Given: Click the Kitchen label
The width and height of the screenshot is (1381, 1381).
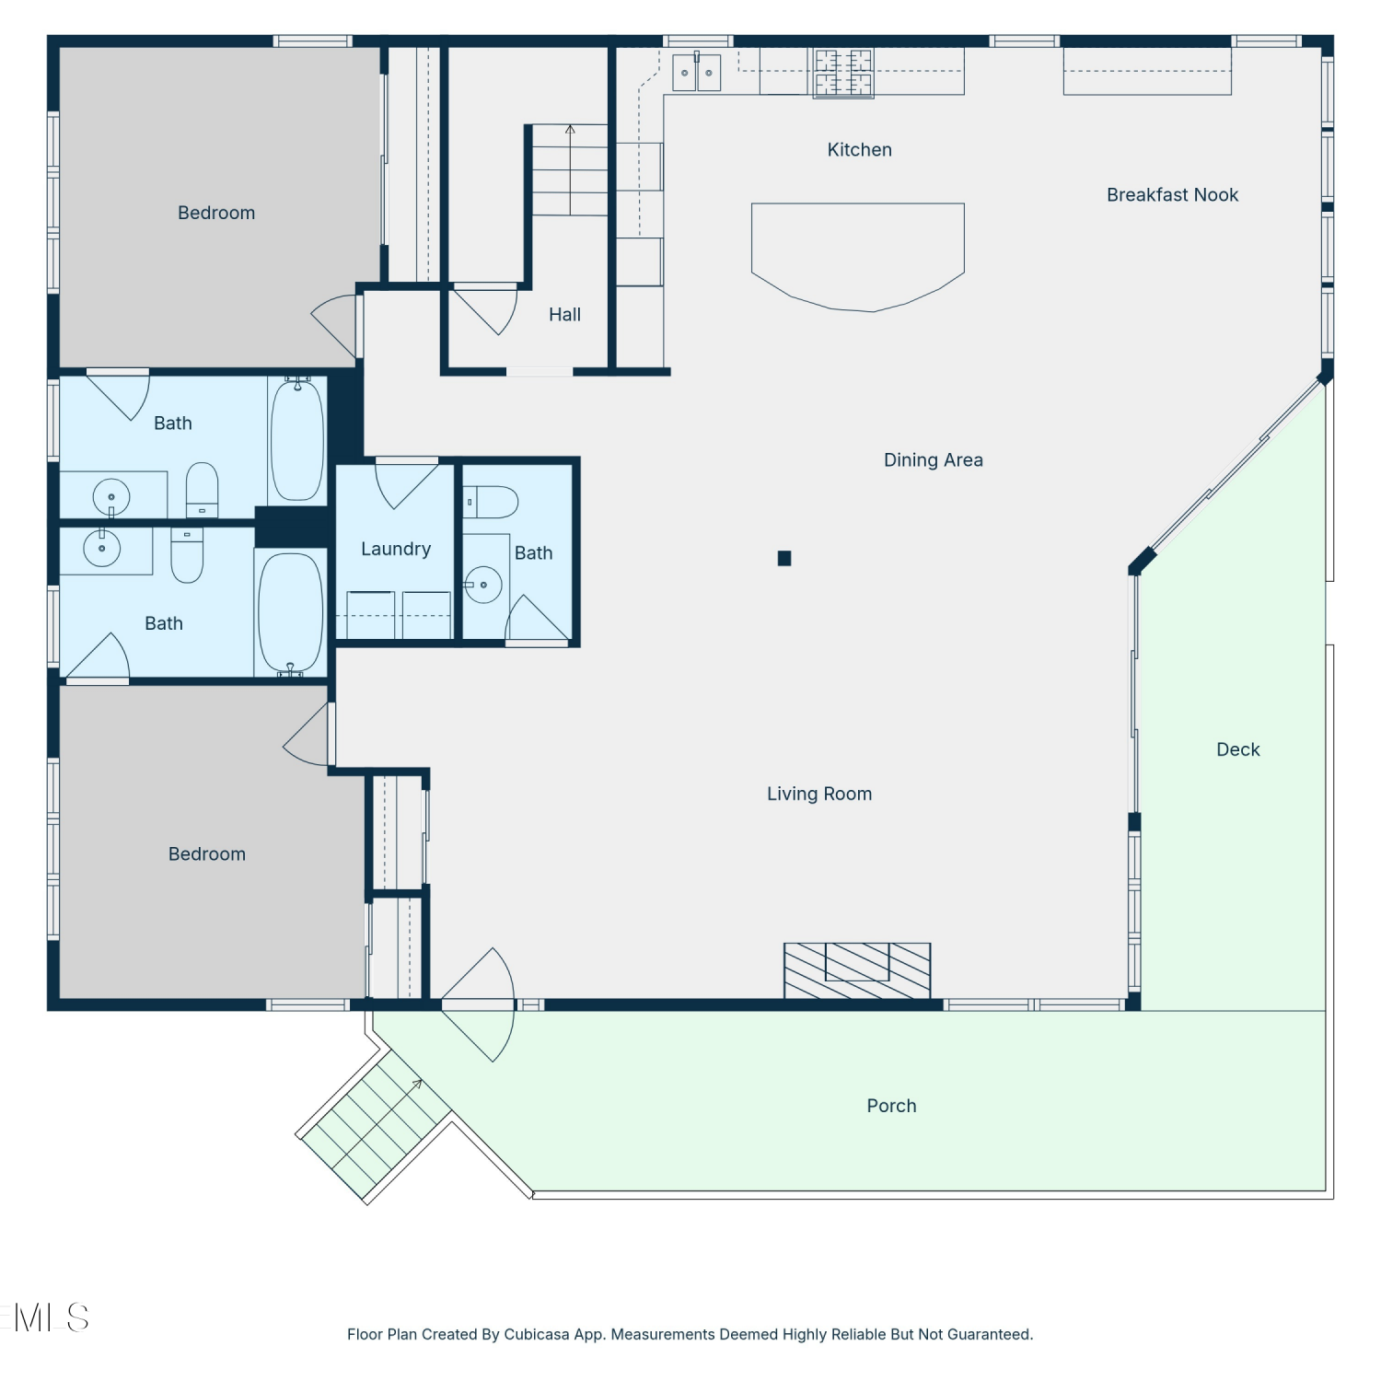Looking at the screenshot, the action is coord(859,150).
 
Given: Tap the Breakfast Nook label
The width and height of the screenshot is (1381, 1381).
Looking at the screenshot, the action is coord(1172,195).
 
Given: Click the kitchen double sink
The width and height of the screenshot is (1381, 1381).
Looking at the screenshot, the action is coord(697,73).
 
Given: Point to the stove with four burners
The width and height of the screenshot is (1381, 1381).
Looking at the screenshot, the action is coord(843,73).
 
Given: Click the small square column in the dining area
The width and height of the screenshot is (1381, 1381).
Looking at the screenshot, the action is coord(784,558).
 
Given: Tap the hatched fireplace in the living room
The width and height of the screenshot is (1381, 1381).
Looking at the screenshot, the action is coord(857,970).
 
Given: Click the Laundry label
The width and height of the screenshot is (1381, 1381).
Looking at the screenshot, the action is coord(396,550).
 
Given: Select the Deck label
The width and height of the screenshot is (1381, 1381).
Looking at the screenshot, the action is coord(1237,749).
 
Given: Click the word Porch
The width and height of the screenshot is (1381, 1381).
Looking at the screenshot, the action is coord(891,1106).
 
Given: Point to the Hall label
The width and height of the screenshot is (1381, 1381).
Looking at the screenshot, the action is coord(564,315).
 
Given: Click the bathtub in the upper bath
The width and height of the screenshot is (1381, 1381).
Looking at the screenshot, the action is coord(297,440).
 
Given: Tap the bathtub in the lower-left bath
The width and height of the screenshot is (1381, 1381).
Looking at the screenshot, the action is coord(291,612).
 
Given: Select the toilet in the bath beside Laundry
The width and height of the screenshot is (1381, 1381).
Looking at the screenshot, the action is coord(491,503).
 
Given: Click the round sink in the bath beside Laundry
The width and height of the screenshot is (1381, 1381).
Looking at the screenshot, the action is coord(482,585).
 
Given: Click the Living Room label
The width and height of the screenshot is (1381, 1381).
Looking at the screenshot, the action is coord(819,794).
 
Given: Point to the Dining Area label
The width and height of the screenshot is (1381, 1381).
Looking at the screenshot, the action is coord(933,460).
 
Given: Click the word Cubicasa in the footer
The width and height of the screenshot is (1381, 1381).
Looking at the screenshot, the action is coord(537,1335).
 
